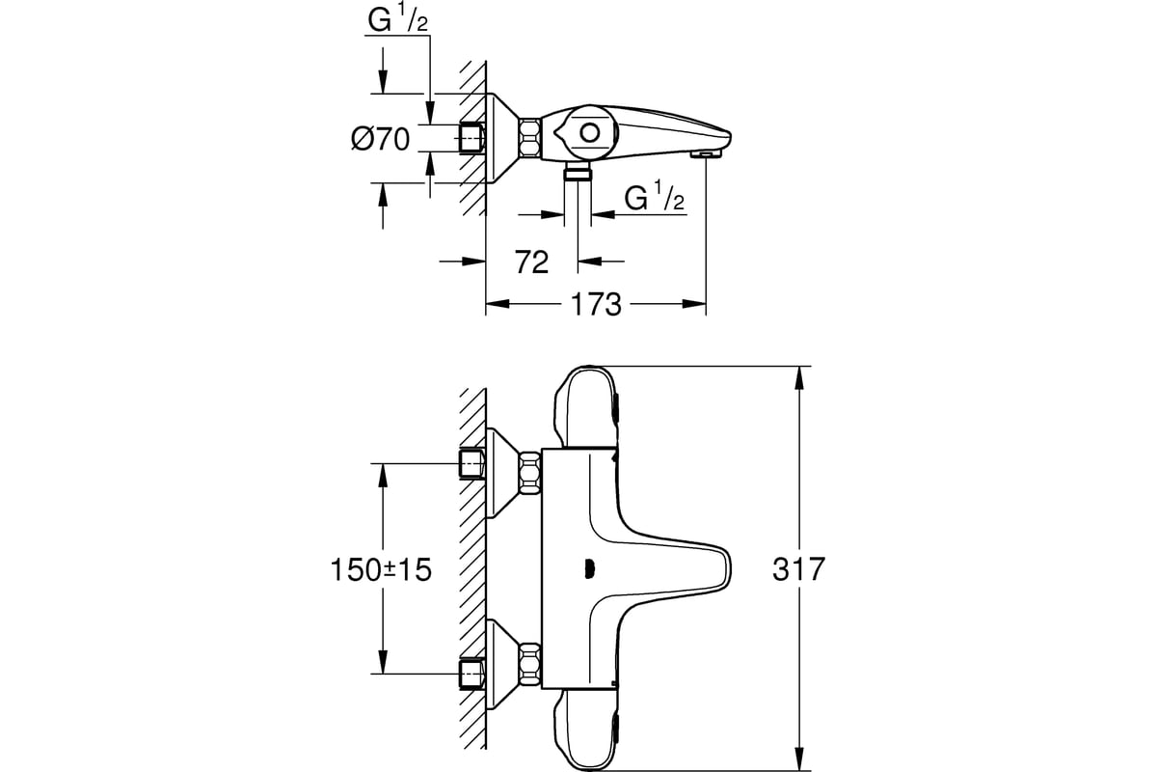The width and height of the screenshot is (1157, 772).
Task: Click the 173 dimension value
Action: [595, 304]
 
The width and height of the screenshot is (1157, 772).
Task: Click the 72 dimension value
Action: [531, 261]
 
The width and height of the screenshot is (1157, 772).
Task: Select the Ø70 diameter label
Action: [379, 139]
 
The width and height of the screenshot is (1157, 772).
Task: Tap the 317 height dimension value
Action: [799, 569]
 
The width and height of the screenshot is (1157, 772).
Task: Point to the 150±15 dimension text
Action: [381, 569]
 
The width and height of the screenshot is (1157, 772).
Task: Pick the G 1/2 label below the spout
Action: [655, 198]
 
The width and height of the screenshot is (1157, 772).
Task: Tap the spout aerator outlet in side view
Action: [707, 152]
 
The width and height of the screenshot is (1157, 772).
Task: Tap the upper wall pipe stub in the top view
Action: [471, 463]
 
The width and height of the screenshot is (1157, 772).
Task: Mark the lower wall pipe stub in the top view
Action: [471, 674]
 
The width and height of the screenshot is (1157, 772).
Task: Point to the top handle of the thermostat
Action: [585, 405]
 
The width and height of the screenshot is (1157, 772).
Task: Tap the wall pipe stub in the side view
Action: [471, 138]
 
